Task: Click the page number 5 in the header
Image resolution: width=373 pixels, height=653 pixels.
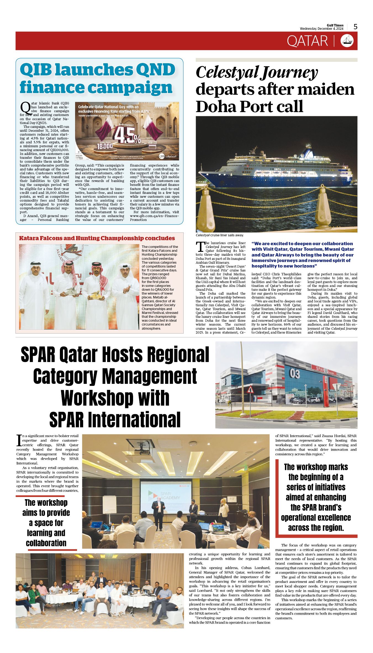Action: [355, 27]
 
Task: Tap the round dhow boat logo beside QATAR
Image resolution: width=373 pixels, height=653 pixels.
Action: [347, 41]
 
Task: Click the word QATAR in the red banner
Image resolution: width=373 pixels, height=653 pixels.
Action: [307, 41]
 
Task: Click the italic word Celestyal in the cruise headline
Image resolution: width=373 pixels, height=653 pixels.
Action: [227, 72]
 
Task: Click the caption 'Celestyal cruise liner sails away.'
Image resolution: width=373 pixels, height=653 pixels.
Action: [219, 235]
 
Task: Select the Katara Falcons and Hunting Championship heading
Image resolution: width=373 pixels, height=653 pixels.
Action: [97, 238]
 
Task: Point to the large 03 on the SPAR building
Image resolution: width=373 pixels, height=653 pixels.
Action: [294, 374]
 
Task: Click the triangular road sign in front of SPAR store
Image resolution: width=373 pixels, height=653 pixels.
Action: [250, 390]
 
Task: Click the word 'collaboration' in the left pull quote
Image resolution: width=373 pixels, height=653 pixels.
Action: [46, 543]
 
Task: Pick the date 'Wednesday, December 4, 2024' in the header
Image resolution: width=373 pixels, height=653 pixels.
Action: [322, 29]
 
